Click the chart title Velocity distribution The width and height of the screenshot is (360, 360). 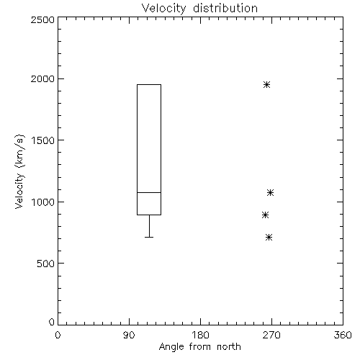199,9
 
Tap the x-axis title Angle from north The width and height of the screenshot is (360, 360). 199,347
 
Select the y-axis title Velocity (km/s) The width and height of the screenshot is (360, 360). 19,171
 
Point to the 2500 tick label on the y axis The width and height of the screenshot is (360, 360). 42,19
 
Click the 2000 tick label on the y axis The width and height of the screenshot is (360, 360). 42,79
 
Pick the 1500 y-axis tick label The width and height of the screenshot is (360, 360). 43,140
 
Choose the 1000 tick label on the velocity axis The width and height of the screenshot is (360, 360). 43,202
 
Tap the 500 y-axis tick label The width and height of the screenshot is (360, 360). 46,264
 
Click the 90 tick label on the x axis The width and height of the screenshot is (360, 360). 129,335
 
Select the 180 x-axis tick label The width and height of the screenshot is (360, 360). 200,335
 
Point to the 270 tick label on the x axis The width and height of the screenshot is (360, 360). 271,335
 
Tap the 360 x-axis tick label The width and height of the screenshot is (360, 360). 343,335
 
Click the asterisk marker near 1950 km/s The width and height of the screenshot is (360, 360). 266,84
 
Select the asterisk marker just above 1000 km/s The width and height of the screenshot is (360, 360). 270,192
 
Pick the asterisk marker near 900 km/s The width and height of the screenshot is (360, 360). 265,215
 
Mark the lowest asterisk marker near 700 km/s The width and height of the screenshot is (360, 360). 269,238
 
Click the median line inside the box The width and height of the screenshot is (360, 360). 149,192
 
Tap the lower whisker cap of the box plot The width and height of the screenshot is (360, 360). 149,237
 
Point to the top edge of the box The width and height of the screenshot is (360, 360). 149,84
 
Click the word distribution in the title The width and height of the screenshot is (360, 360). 225,9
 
